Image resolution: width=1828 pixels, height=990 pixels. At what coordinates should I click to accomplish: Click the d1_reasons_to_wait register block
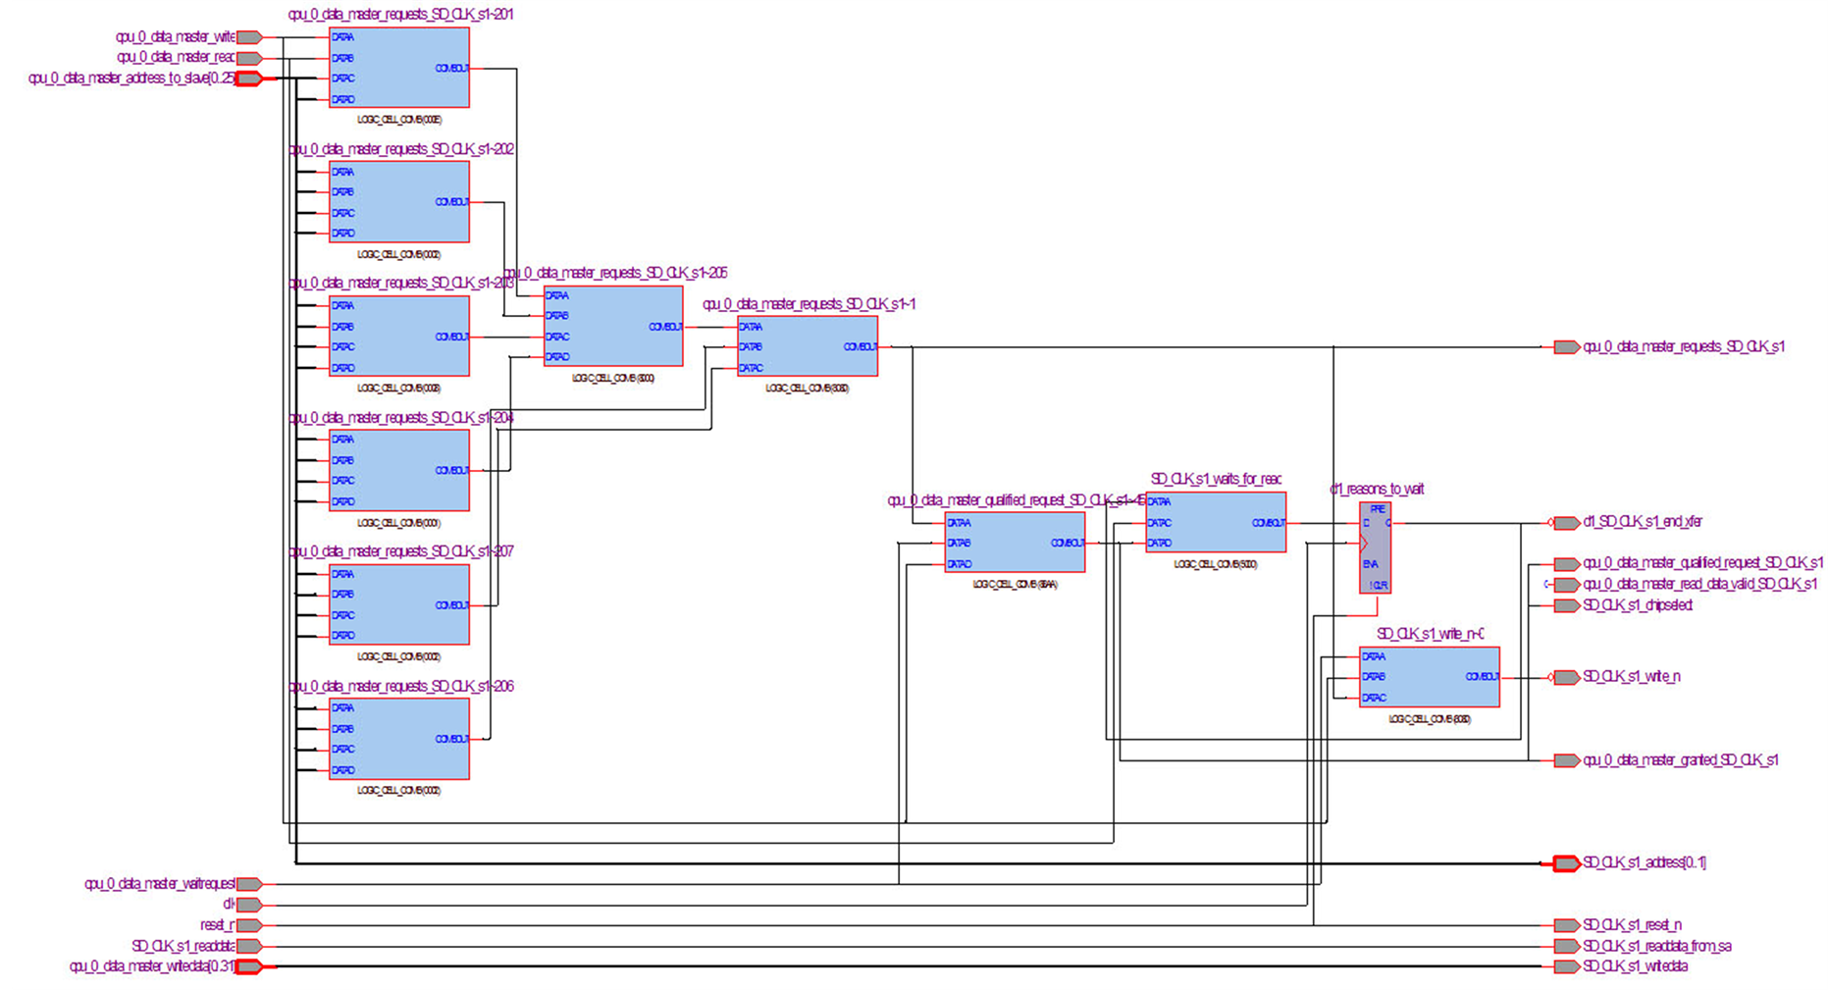pyautogui.click(x=1375, y=547)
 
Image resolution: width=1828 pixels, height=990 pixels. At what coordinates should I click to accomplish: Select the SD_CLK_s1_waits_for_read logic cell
pyautogui.click(x=1215, y=523)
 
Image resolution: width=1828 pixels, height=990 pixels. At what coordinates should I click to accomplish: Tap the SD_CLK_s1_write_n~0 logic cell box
pyautogui.click(x=1429, y=676)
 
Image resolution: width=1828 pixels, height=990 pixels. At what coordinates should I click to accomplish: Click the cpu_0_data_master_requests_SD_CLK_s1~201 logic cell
pyautogui.click(x=398, y=68)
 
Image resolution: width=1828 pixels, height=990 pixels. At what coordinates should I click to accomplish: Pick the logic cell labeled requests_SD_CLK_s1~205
pyautogui.click(x=613, y=326)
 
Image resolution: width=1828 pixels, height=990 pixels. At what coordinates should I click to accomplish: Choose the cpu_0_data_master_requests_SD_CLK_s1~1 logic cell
pyautogui.click(x=807, y=346)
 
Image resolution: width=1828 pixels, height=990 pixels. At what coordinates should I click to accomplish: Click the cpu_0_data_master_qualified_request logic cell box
pyautogui.click(x=1015, y=543)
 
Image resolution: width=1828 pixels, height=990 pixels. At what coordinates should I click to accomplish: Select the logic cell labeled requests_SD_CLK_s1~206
pyautogui.click(x=398, y=739)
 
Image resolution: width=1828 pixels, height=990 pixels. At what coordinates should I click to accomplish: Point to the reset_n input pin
pyautogui.click(x=249, y=925)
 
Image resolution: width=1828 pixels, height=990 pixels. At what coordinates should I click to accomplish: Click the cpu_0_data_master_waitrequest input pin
pyautogui.click(x=249, y=884)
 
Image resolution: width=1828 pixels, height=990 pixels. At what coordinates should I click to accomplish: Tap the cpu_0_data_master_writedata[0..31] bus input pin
pyautogui.click(x=249, y=966)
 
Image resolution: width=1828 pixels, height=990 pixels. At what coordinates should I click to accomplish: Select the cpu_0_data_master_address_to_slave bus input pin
pyautogui.click(x=249, y=78)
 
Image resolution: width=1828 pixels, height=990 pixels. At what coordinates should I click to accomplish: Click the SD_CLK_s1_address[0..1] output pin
pyautogui.click(x=1566, y=863)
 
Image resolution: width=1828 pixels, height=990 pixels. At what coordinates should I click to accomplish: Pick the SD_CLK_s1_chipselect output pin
pyautogui.click(x=1566, y=605)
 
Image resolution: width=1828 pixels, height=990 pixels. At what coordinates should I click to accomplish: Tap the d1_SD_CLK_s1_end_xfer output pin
pyautogui.click(x=1566, y=522)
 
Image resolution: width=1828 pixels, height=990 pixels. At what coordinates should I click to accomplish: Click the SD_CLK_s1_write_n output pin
pyautogui.click(x=1566, y=677)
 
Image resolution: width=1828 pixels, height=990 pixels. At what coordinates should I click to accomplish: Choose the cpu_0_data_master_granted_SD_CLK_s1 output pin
pyautogui.click(x=1566, y=760)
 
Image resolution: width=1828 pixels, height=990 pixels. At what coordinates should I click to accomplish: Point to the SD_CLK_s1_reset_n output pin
pyautogui.click(x=1566, y=925)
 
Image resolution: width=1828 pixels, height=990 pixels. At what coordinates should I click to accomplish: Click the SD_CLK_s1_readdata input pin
pyautogui.click(x=249, y=946)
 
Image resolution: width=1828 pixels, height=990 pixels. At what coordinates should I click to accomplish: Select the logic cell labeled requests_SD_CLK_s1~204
pyautogui.click(x=398, y=470)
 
